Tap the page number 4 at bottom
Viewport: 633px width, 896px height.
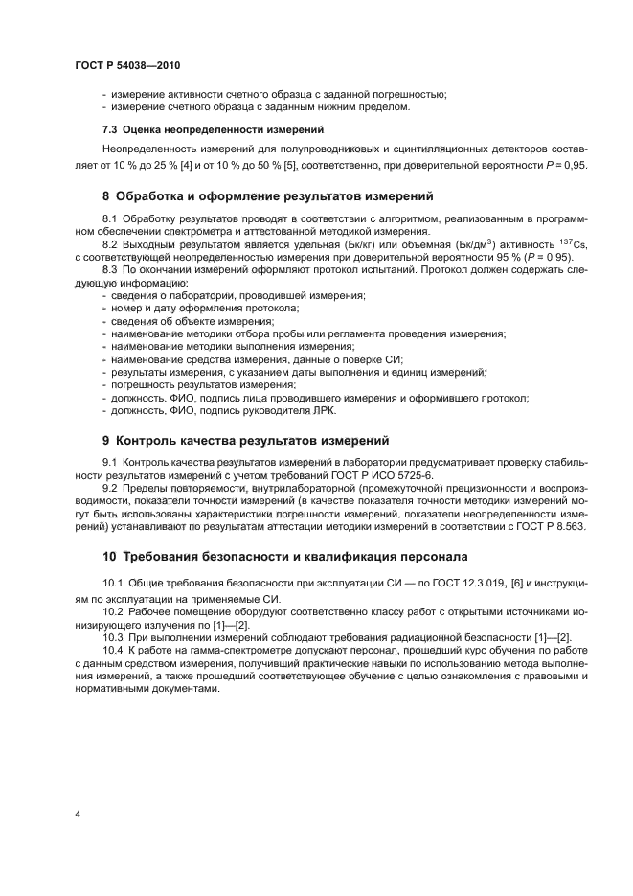[77, 815]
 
